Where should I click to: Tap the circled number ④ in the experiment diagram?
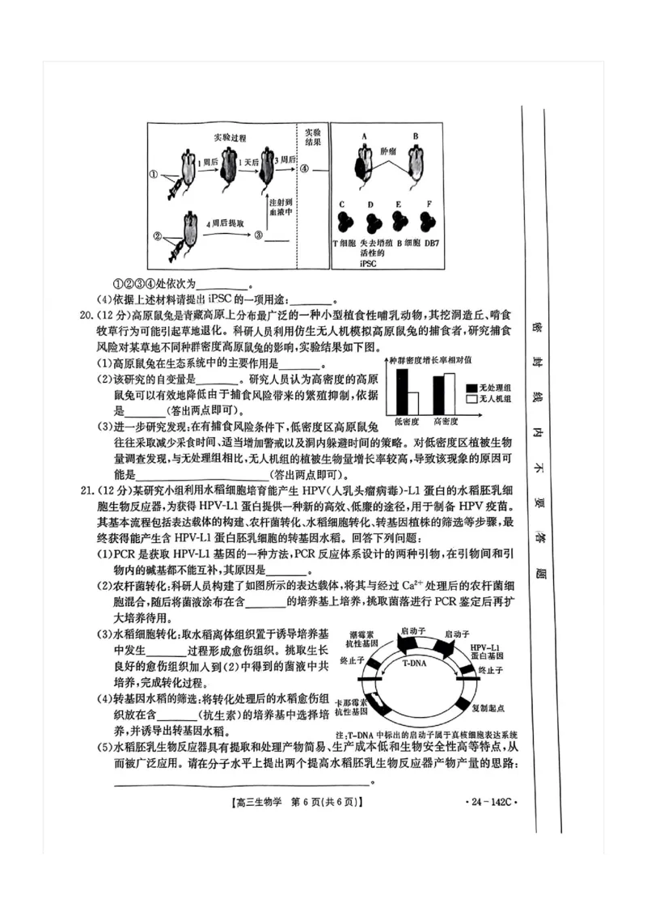305,170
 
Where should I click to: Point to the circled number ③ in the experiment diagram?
258,235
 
